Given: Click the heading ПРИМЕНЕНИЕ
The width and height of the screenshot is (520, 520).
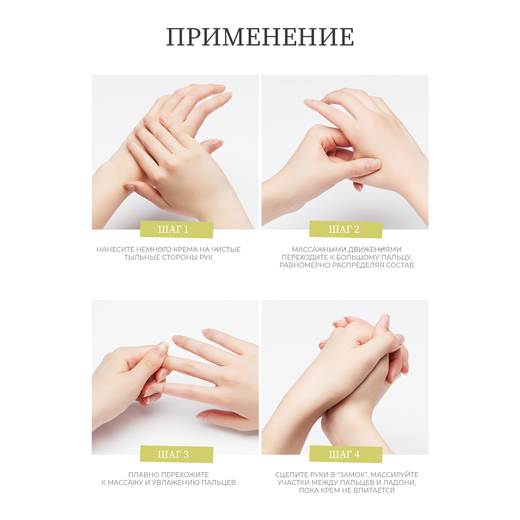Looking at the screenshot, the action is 260,37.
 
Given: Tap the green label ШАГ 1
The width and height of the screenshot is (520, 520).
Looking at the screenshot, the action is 176,229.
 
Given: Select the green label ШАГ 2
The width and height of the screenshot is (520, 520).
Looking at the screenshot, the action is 346,229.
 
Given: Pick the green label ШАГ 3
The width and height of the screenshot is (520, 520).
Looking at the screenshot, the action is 176,454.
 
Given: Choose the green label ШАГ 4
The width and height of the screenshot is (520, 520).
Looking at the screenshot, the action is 346,454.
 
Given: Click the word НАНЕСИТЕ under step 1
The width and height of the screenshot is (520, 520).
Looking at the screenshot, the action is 115,250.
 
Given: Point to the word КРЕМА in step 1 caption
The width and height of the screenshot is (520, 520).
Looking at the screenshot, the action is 186,250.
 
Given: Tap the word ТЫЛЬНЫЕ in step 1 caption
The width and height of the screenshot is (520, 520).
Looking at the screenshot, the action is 142,257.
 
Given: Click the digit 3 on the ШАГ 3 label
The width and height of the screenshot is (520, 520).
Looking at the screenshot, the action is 186,454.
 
